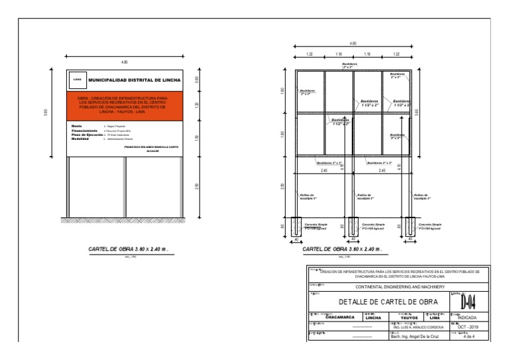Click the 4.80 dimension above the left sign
coord(123,62)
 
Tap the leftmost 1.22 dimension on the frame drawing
coord(310,54)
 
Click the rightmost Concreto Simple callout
coord(429,227)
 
